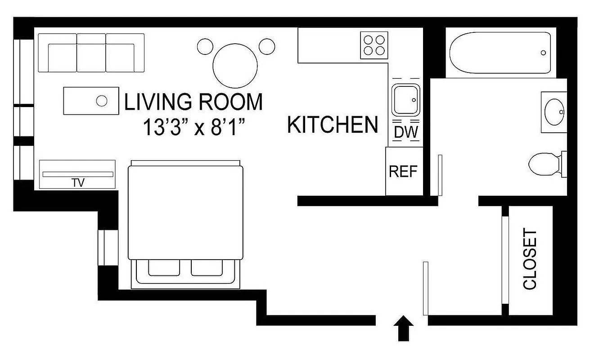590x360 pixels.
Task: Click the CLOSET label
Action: (530, 260)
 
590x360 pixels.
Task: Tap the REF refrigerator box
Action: (403, 171)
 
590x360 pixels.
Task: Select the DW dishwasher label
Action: (406, 133)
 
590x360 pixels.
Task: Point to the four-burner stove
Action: (374, 45)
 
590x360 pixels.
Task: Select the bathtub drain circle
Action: (543, 53)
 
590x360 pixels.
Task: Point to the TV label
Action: (78, 183)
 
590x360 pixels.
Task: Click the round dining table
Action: (235, 65)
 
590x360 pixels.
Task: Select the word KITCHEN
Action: (333, 125)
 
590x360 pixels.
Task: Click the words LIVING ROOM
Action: (193, 103)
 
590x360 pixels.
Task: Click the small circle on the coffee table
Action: (102, 100)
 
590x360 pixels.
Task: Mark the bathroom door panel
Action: (440, 175)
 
